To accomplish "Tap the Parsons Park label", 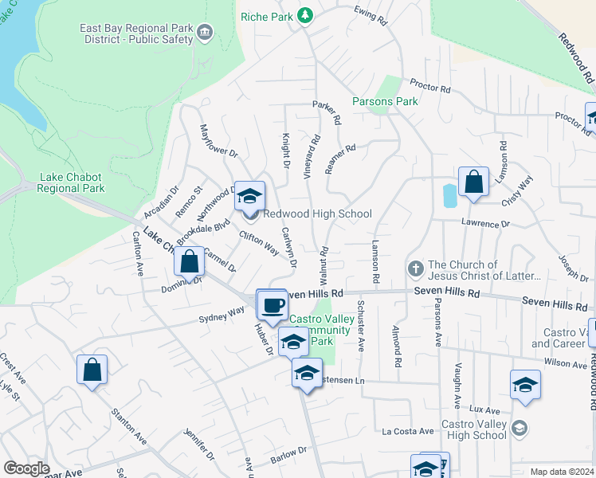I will (x=385, y=102).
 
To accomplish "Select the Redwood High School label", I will (x=317, y=214).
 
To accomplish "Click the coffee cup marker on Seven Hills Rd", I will (x=271, y=304).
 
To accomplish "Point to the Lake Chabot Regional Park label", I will (x=72, y=182).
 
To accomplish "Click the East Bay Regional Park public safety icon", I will (x=206, y=33).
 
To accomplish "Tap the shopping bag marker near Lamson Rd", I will (x=473, y=181).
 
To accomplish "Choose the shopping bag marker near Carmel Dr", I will (x=190, y=261).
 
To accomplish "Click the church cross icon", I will (x=415, y=270).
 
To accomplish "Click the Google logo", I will (x=26, y=468).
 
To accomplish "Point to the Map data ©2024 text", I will (x=561, y=472).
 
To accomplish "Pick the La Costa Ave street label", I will (x=407, y=431).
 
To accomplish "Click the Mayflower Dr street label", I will (x=218, y=140).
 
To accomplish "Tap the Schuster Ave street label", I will (x=361, y=326).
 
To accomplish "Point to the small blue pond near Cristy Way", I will (x=449, y=195).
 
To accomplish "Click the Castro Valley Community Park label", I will (x=319, y=330).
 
